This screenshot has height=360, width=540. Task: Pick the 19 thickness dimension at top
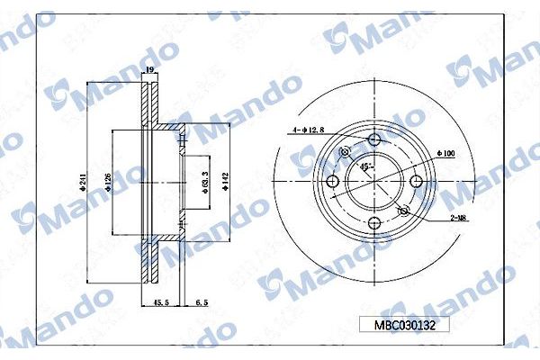tap(149, 69)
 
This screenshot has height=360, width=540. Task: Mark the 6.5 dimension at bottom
tap(202, 303)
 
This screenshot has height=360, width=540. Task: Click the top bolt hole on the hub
tap(374, 139)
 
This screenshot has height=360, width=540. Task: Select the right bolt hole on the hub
tap(417, 183)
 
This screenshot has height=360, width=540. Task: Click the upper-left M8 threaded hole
tap(345, 153)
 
